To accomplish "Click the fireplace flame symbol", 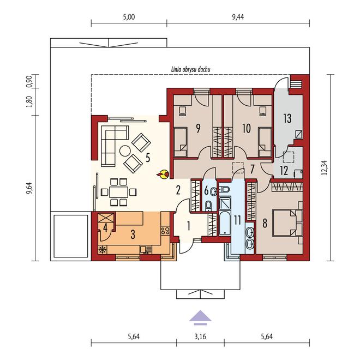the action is tap(163, 175).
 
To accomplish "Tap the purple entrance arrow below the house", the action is tap(200, 317).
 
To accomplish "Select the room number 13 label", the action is tap(287, 118).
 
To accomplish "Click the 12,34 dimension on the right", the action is tap(324, 168).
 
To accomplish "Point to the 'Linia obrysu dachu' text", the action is tap(191, 69).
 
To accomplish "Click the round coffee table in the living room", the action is tap(125, 151).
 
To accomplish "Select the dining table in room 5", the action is tap(118, 192).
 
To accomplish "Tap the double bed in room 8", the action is tap(287, 222).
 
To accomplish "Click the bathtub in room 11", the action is tap(225, 224).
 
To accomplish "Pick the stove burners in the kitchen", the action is tap(165, 231).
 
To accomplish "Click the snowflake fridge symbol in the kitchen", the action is tap(102, 250).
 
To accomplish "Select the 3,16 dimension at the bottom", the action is tap(200, 336).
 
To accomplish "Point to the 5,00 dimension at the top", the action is tap(129, 17).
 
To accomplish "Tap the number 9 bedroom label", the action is tap(198, 129).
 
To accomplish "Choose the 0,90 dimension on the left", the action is tap(29, 81).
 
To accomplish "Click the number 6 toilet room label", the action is tap(206, 191).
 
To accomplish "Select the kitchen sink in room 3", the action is tap(146, 250).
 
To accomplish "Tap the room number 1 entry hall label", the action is tap(188, 226).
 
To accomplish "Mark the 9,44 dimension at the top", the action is tap(238, 17).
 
